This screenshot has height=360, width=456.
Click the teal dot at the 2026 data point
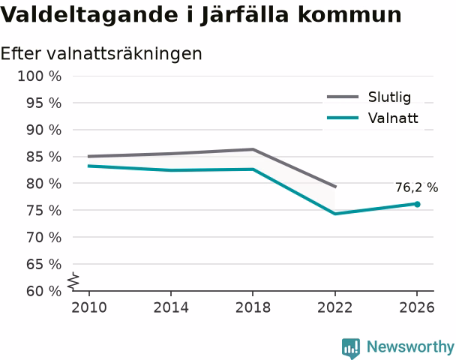coord(417,204)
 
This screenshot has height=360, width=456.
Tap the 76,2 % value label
coord(416,187)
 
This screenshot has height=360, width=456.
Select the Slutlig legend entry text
coord(389,97)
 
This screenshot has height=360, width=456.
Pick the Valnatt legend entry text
coord(393,118)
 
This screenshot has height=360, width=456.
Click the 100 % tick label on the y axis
coord(39,76)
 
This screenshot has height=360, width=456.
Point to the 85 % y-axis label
coord(43,157)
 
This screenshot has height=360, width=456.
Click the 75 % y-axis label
coord(43,211)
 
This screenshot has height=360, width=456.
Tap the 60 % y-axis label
coord(43,291)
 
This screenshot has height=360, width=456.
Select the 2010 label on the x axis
coord(89,307)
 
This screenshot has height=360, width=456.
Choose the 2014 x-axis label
coord(171,307)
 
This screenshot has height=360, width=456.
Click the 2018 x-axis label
coord(253,307)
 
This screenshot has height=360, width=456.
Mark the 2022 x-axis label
coord(335,307)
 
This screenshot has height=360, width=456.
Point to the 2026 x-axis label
coord(417,307)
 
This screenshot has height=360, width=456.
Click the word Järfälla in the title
coord(244,14)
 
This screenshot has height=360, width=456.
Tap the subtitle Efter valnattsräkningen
coord(101,54)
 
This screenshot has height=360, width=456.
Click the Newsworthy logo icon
coord(351,348)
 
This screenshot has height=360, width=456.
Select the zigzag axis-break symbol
coord(73,281)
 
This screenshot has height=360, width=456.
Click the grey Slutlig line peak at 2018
coord(253,149)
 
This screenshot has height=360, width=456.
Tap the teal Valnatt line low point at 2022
coord(335,214)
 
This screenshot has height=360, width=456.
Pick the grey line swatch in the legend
coord(343,97)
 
